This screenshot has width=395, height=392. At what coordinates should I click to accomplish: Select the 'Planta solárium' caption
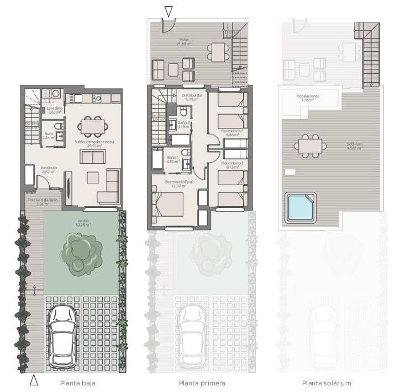point(326,383)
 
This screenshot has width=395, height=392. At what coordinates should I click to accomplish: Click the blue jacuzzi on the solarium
point(301,207)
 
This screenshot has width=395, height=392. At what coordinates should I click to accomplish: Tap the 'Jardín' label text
point(82,221)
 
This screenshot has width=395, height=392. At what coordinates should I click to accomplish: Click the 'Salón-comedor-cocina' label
point(94,142)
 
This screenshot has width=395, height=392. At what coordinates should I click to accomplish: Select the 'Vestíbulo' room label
point(49,168)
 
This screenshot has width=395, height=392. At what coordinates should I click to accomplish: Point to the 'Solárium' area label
point(355,144)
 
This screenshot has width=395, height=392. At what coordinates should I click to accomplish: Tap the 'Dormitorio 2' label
point(232,164)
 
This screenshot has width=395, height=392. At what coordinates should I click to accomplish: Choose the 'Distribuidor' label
point(193,95)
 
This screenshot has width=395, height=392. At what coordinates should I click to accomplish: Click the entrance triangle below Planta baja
point(34,379)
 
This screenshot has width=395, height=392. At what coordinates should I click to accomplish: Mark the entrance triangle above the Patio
point(168,11)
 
